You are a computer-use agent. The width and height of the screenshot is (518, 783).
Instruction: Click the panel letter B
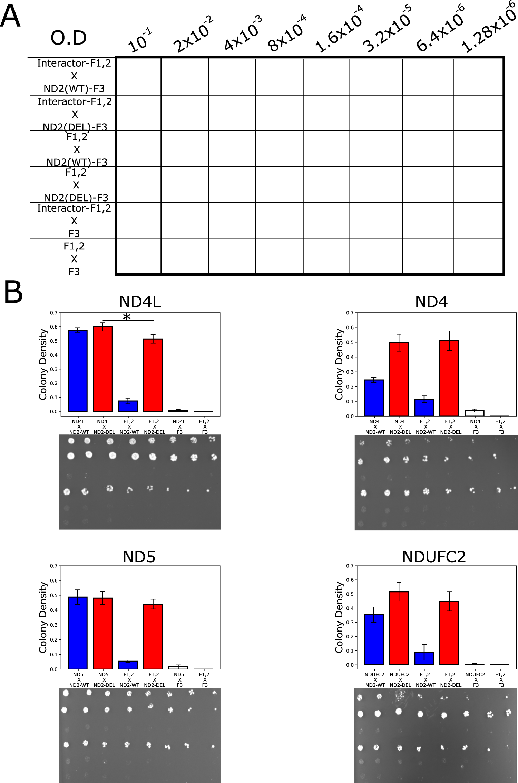[x=13, y=292]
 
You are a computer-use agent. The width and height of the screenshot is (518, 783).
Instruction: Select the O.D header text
[x=68, y=38]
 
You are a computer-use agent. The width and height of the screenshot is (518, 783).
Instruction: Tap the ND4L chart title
[x=140, y=302]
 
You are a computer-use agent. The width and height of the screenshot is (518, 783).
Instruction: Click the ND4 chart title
[x=431, y=302]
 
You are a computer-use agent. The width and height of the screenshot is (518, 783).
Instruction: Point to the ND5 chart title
[x=139, y=557]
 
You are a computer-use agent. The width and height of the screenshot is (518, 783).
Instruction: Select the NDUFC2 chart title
[x=434, y=557]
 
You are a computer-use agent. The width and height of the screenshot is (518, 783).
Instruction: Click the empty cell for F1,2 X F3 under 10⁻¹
[x=139, y=256]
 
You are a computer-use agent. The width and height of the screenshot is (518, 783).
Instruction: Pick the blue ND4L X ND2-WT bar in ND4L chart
[x=78, y=371]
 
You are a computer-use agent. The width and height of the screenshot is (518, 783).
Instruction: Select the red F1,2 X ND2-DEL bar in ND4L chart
[x=153, y=375]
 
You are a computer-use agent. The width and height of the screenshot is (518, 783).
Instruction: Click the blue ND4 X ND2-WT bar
[x=374, y=398]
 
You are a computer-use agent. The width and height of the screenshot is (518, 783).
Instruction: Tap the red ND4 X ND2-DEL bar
[x=399, y=379]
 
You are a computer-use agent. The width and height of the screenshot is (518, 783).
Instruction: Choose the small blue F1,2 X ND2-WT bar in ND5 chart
[x=128, y=665]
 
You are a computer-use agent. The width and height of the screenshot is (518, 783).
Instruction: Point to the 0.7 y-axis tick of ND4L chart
[x=53, y=313]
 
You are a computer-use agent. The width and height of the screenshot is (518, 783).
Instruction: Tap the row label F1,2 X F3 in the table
[x=74, y=259]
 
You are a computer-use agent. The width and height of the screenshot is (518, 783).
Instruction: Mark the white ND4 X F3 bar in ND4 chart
[x=475, y=413]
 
